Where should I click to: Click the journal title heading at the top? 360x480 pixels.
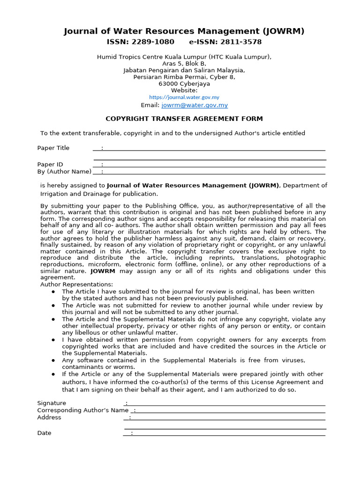tap(184, 31)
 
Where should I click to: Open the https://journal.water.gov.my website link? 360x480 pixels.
tap(184, 97)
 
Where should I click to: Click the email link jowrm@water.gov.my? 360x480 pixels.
tap(195, 105)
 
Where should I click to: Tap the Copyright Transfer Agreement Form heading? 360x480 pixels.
tap(184, 119)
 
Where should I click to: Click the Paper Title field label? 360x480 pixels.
tap(53, 148)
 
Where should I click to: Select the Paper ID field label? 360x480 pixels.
tap(50, 165)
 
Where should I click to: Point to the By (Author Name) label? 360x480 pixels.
tap(64, 172)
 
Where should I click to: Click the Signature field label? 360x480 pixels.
tap(52, 403)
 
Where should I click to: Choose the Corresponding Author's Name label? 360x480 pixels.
tap(82, 411)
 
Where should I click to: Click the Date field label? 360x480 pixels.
tap(45, 433)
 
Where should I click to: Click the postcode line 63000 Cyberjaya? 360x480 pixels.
tap(184, 84)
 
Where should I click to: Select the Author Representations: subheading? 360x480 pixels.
tap(76, 285)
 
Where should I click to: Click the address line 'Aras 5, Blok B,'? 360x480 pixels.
tap(184, 64)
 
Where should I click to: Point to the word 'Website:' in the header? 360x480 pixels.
tap(184, 90)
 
